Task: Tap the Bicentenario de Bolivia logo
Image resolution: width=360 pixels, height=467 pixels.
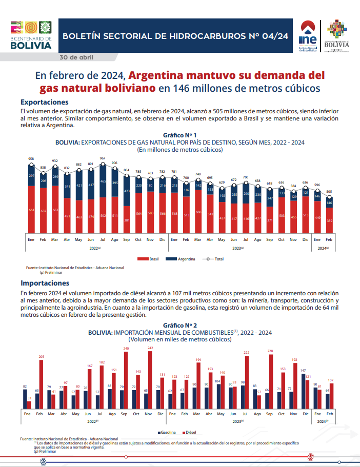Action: pos(31,35)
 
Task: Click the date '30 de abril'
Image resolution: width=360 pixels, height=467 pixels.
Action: pos(76,56)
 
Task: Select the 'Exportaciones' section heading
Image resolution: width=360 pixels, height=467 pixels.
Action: pos(44,103)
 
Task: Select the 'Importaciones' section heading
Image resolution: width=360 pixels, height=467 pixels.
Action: pos(45,282)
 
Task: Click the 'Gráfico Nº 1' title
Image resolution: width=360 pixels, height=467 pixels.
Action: pos(179,135)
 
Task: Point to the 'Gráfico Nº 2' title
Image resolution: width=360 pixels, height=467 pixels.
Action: pos(179,325)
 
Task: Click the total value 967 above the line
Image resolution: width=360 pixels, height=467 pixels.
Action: pos(103,158)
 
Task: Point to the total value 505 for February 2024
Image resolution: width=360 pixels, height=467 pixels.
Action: pos(330,192)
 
